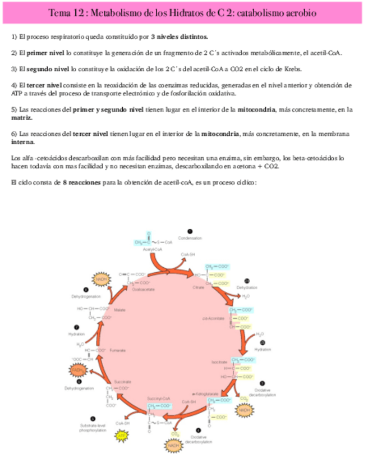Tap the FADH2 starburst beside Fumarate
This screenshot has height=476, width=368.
click(77, 370)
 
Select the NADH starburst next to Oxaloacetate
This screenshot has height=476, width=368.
click(101, 279)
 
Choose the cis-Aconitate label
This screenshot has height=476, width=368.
click(213, 318)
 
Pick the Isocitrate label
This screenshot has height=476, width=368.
click(219, 362)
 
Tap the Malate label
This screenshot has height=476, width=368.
click(119, 309)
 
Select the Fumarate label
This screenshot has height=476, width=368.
click(118, 350)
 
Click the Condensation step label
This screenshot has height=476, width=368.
click(190, 238)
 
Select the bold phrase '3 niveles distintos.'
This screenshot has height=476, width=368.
click(180, 38)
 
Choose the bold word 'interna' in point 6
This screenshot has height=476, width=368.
click(22, 143)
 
